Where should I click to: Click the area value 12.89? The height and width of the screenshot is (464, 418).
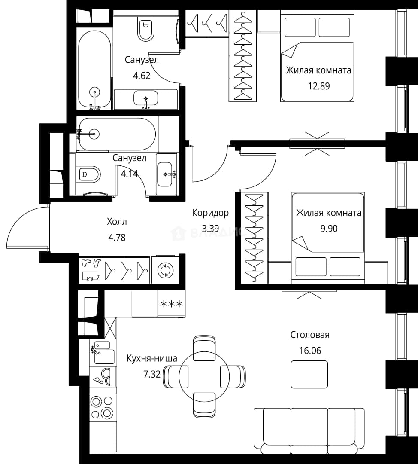click(x=319, y=86)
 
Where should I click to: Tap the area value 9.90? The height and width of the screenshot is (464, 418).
click(x=329, y=229)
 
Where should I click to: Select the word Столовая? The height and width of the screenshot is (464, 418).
click(x=310, y=335)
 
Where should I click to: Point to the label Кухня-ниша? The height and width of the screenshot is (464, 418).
click(x=151, y=358)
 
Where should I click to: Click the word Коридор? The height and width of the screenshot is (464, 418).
click(x=210, y=213)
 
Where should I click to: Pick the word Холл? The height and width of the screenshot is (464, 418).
click(x=117, y=221)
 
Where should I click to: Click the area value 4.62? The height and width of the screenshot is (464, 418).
click(x=142, y=76)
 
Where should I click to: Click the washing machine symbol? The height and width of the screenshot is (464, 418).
click(x=165, y=270)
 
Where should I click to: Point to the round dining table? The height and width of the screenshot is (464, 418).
click(x=204, y=376)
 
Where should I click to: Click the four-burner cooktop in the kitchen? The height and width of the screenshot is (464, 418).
click(x=102, y=407)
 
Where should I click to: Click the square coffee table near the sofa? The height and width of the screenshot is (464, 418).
click(x=309, y=374)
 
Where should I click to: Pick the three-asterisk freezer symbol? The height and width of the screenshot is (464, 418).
click(x=172, y=304)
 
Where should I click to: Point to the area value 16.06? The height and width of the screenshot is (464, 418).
click(x=310, y=351)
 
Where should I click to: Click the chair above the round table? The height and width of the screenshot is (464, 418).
click(x=204, y=348)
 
